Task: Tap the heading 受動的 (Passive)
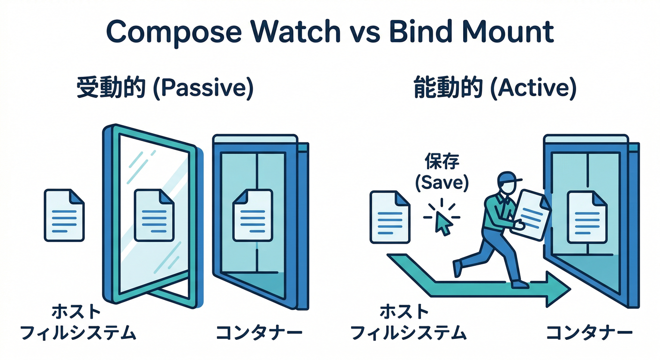(x=165, y=89)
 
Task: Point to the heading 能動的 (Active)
(x=495, y=89)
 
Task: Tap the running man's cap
(x=509, y=178)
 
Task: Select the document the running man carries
(x=532, y=213)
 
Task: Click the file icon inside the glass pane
(x=154, y=215)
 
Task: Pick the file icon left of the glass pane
(x=64, y=215)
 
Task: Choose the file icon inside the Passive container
(x=252, y=215)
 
